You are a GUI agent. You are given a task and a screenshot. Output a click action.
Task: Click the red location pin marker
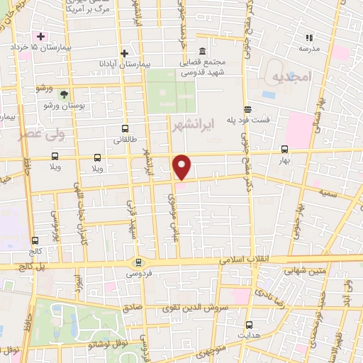(x=183, y=167)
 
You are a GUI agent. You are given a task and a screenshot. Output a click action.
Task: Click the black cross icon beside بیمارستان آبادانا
(x=124, y=53)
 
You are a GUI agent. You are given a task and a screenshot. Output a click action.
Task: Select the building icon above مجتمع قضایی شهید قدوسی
(x=203, y=51)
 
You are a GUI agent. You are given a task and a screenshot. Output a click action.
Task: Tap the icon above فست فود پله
(x=247, y=109)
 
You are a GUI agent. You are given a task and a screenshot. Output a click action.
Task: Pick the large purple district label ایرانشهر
(x=193, y=125)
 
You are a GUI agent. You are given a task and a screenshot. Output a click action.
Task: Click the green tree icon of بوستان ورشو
(x=65, y=94)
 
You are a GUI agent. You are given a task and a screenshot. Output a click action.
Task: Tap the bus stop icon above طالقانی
(x=125, y=129)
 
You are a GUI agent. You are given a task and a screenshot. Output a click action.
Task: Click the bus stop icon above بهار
(x=284, y=150)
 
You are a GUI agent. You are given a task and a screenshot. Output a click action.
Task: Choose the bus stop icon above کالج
(x=35, y=240)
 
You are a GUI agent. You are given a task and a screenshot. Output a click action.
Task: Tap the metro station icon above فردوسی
(x=138, y=262)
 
